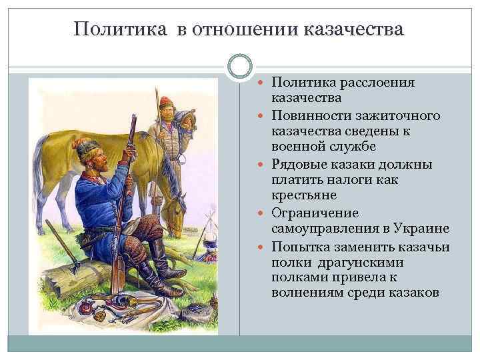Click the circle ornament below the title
pos(240,67)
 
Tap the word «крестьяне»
pos(305,197)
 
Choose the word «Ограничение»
pos(315,213)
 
